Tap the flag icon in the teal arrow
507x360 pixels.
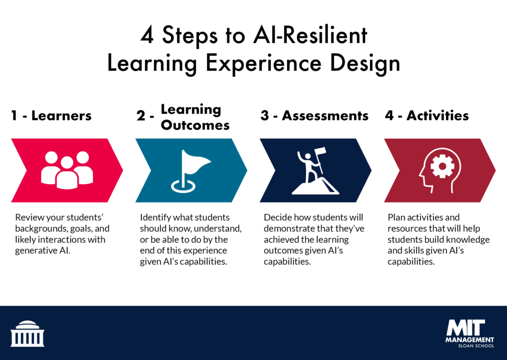click(191, 171)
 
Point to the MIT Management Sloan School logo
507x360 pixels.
click(469, 333)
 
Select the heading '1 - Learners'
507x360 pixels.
click(51, 116)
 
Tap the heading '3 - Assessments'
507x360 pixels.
click(314, 116)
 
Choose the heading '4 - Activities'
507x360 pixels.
click(427, 116)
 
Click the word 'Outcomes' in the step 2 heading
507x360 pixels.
click(195, 125)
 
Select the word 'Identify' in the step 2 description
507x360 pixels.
click(155, 218)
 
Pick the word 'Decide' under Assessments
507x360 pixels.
click(278, 218)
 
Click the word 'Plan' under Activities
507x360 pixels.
click(396, 218)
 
